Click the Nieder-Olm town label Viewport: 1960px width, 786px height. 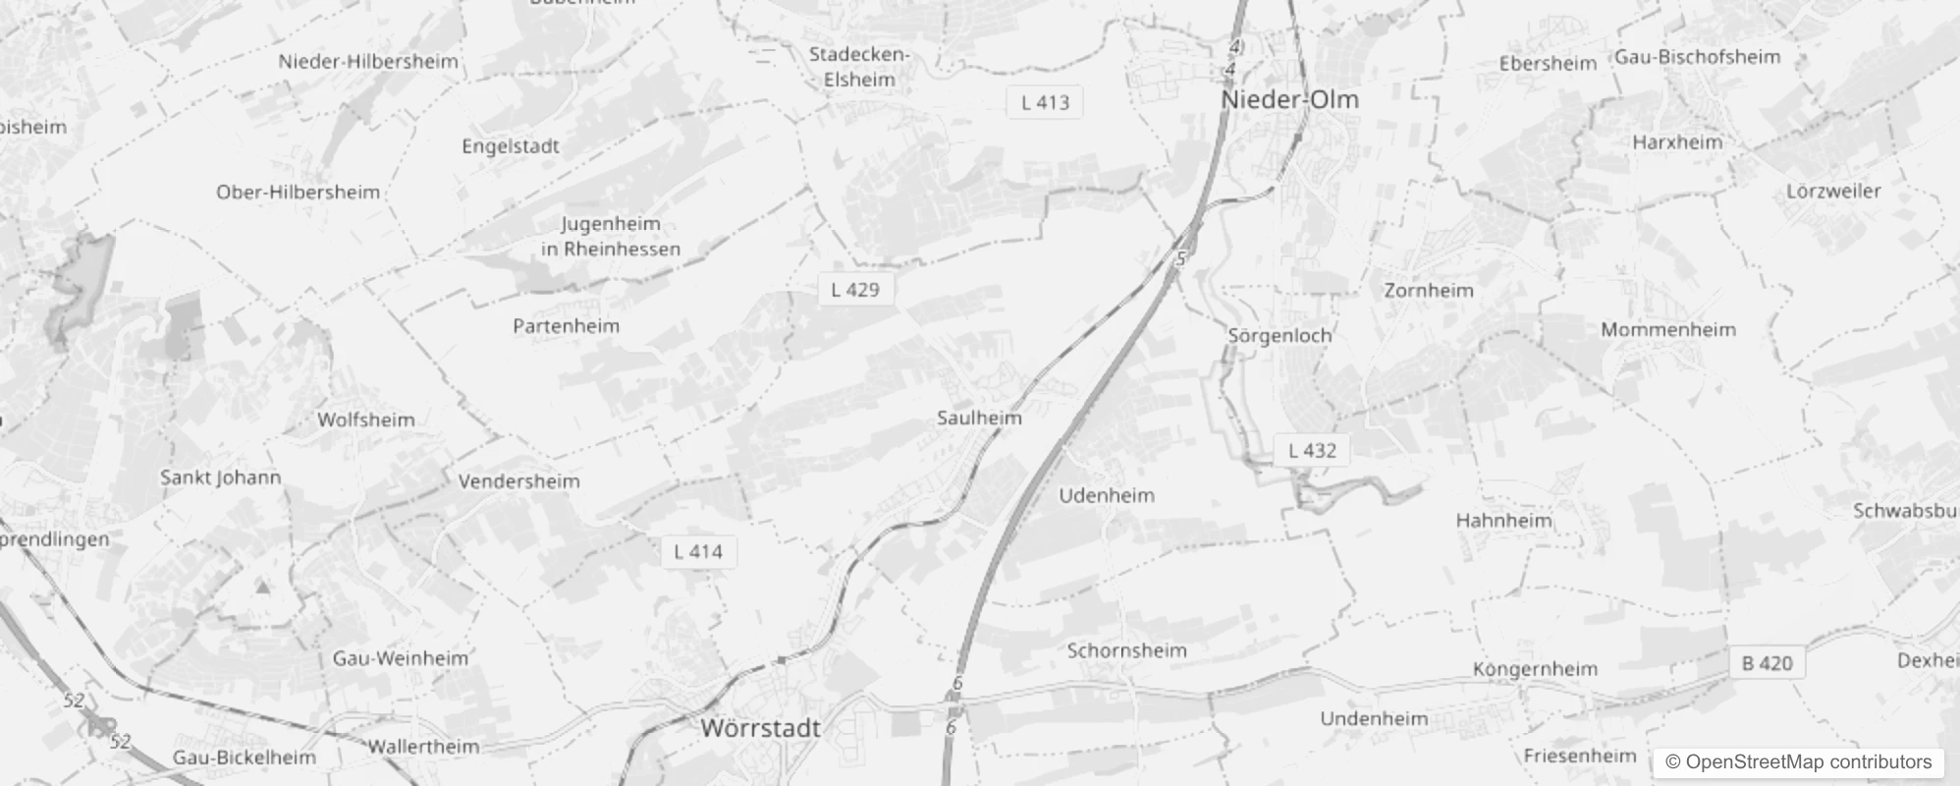point(1289,100)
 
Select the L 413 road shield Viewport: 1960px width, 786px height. point(1045,102)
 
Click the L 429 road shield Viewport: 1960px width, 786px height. point(855,290)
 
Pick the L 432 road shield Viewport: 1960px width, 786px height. point(1312,451)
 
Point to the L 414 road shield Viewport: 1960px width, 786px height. point(698,552)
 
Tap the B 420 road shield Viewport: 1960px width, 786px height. point(1767,664)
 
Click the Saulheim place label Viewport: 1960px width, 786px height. point(979,419)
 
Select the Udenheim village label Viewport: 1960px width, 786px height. point(1106,496)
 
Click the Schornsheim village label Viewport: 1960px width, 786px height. point(1126,650)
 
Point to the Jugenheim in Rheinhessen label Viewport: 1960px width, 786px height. point(611,237)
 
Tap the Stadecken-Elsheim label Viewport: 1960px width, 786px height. point(859,67)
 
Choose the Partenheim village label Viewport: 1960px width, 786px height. point(567,326)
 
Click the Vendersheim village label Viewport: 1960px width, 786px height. point(518,481)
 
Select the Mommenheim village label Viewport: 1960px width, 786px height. point(1668,330)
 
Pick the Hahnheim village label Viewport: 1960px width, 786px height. point(1503,521)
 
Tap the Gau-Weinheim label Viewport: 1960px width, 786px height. point(401,658)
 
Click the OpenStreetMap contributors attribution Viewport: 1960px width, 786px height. point(1798,762)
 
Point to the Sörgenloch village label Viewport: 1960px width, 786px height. point(1279,336)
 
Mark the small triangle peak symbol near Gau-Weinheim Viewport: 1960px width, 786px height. point(262,588)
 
